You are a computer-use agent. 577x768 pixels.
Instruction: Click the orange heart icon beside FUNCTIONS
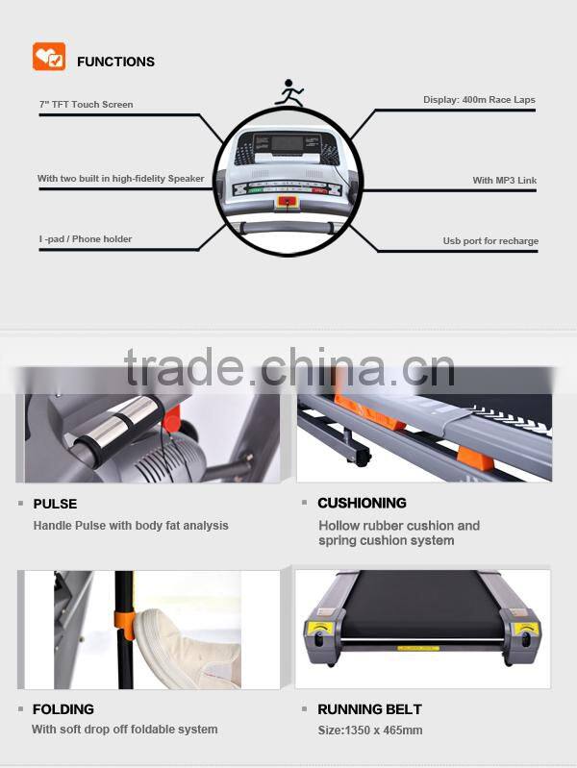pos(49,58)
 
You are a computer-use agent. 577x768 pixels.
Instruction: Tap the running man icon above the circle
pos(288,93)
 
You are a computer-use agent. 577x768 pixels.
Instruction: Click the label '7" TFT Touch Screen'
pos(87,104)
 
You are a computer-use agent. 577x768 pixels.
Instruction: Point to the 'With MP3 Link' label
pos(504,181)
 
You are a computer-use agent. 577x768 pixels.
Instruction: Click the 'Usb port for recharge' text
pos(490,241)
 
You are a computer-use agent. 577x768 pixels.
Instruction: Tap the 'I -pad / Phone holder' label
pos(86,239)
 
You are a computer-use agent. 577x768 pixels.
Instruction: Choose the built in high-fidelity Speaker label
pos(121,179)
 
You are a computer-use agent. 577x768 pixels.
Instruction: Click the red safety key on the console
pos(287,202)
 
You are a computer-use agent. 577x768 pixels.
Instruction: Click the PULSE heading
pos(55,504)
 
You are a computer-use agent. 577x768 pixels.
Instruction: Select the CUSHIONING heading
pos(362,503)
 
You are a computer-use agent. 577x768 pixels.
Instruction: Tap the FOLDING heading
pos(63,709)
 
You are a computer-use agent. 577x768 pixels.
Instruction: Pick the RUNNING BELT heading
pos(369,709)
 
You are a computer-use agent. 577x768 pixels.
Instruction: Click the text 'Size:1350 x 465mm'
pos(370,730)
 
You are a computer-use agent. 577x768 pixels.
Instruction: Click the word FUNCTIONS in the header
pos(115,62)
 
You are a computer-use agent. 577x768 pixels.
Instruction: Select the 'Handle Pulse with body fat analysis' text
pos(131,526)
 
